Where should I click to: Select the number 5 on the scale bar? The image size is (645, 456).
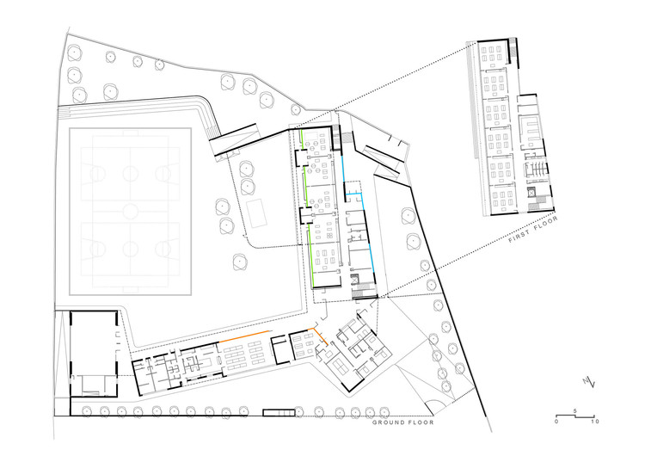[x=574, y=412]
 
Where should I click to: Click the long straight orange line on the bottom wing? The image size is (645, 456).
[x=246, y=336]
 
